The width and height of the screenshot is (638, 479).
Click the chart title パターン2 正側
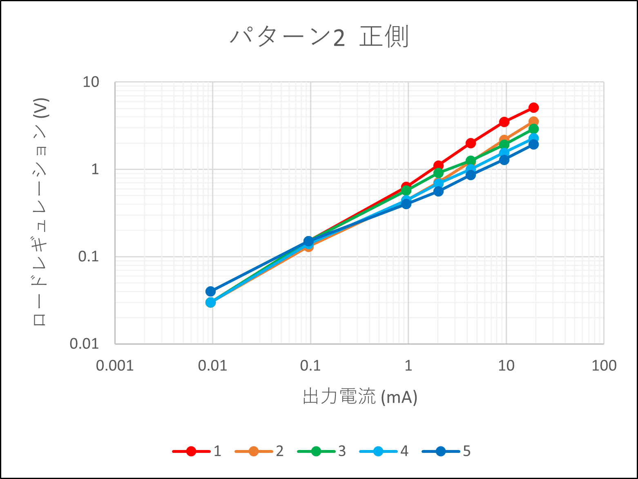click(x=319, y=38)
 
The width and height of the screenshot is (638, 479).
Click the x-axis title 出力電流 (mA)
click(x=360, y=397)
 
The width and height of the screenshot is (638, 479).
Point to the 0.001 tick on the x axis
click(x=115, y=365)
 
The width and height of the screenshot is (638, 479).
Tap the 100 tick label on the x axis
click(x=604, y=365)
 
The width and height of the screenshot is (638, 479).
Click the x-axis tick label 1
click(x=408, y=365)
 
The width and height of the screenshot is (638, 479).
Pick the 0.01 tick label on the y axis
click(x=85, y=344)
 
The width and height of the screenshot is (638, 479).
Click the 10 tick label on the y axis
click(x=91, y=82)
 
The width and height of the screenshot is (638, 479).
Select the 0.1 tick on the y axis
click(x=88, y=256)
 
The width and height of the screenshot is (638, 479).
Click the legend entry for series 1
click(x=197, y=451)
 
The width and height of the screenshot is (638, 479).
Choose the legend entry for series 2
click(x=260, y=451)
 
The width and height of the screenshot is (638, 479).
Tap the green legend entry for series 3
click(x=322, y=451)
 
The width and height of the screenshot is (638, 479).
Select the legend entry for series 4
click(x=384, y=451)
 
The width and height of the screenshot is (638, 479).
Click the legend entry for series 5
click(x=447, y=451)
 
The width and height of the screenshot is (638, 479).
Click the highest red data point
click(x=533, y=108)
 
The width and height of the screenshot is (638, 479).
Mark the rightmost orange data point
click(x=533, y=122)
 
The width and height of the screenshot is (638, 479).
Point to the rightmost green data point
click(x=533, y=129)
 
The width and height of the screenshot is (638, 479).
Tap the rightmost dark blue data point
click(x=533, y=145)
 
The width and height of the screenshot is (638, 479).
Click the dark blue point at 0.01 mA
click(x=210, y=291)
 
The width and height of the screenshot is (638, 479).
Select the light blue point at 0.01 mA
click(x=210, y=302)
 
